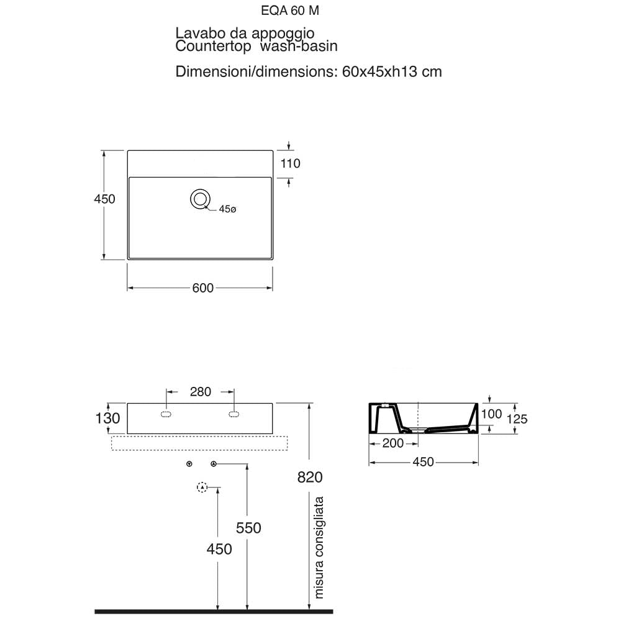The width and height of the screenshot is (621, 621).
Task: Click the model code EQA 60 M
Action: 290,11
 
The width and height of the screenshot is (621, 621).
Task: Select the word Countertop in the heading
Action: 213,46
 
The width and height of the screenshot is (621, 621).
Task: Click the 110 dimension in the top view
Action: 290,163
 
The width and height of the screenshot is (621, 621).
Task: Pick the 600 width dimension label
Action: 203,288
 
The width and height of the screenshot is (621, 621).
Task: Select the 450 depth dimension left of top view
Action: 104,199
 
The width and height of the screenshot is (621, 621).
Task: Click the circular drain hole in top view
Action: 200,199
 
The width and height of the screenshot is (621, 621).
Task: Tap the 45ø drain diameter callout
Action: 227,209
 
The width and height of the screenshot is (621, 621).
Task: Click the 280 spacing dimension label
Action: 201,392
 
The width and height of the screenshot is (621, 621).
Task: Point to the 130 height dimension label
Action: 107,418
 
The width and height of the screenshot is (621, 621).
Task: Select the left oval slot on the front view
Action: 166,414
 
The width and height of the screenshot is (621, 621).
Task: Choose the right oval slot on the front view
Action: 233,414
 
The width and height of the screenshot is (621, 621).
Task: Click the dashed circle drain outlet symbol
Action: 202,487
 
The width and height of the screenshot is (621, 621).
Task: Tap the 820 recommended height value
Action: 310,477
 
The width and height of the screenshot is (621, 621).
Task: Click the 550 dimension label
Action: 248,528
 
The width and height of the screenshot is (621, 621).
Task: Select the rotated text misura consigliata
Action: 319,547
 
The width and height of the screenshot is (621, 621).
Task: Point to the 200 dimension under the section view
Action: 393,443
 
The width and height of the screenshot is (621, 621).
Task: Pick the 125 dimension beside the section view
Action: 517,419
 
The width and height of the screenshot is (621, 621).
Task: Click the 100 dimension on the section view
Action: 491,414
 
